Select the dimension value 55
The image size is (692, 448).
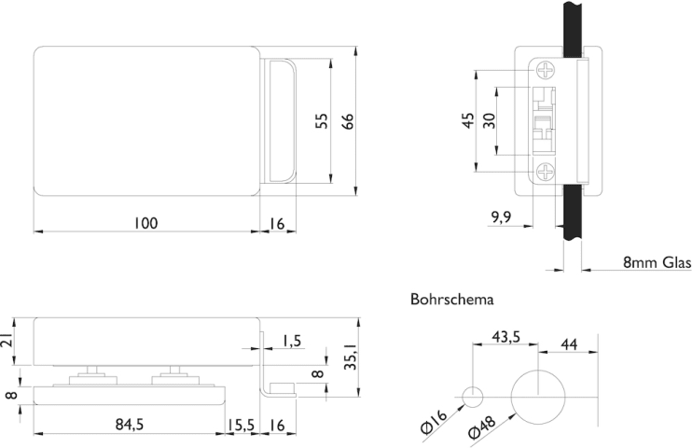click(x=321, y=121)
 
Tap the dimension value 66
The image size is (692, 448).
click(x=347, y=121)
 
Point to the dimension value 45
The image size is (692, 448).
click(x=469, y=121)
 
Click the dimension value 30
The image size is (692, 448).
click(x=490, y=121)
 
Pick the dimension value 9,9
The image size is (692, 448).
click(x=501, y=218)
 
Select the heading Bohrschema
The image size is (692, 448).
click(x=452, y=301)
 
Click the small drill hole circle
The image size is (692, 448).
click(x=474, y=397)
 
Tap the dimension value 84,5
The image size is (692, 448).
click(x=129, y=425)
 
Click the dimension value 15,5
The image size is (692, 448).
click(x=241, y=425)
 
